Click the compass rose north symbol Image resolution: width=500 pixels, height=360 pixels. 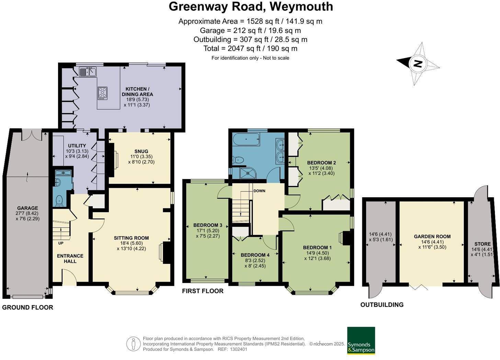(x=418, y=63)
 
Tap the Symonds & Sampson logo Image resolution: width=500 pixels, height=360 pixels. (x=361, y=340)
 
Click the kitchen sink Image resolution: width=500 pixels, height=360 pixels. (x=88, y=72)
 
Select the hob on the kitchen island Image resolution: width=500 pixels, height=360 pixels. (x=102, y=93)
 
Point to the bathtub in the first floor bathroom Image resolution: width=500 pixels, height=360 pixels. (x=246, y=140)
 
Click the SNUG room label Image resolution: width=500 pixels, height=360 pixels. (x=141, y=151)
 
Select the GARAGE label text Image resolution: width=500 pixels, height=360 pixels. (x=27, y=208)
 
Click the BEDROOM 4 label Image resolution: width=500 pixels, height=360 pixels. (x=255, y=255)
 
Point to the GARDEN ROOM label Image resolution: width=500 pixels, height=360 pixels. (x=432, y=236)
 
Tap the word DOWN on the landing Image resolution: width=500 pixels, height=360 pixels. (x=259, y=191)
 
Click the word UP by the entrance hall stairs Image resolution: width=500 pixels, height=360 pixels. (x=61, y=243)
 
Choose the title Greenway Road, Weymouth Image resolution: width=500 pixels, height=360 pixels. (x=250, y=7)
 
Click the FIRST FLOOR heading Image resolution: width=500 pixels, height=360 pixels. (x=203, y=291)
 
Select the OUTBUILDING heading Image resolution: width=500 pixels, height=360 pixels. (x=382, y=305)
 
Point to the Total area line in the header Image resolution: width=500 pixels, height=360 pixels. (x=250, y=48)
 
